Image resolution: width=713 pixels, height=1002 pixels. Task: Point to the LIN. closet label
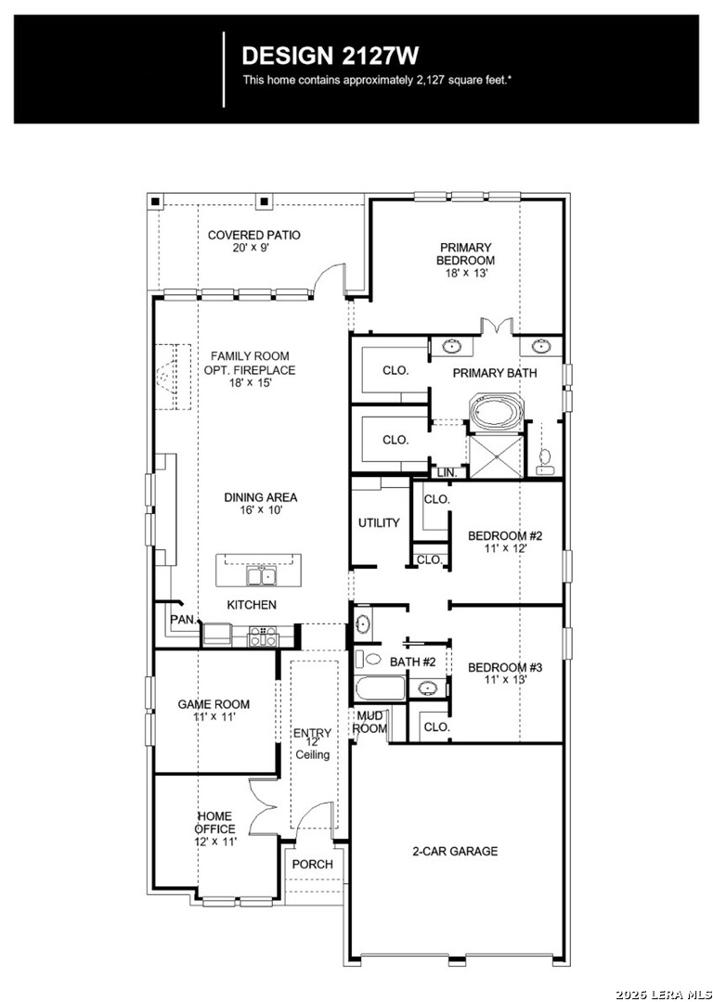pos(447,472)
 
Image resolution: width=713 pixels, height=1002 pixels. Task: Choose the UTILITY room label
pos(379,523)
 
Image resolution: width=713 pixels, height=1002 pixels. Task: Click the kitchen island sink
pos(260,576)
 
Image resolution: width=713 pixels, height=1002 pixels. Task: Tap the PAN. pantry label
pos(181,619)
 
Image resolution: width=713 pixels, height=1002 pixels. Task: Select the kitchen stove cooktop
pos(262,636)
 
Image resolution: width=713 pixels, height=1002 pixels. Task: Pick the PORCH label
pos(312,864)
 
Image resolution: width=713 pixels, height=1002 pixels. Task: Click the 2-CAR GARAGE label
pos(455,851)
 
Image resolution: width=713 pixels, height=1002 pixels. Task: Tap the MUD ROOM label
pos(369,722)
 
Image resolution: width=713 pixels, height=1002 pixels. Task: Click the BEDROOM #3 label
pos(504,673)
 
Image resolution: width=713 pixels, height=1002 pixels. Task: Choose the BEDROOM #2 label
pos(504,542)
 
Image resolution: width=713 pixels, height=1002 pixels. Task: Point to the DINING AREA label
pos(260,504)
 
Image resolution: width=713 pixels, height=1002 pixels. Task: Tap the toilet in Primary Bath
pos(547,458)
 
